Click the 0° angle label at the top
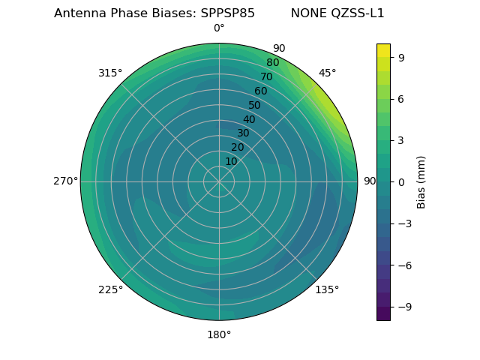point(219,28)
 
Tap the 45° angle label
point(328,73)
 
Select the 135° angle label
point(327,289)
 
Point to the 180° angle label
point(219,334)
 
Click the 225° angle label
point(110,289)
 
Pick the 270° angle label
point(65,181)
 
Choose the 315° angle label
point(110,73)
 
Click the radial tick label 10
point(231,161)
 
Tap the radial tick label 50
point(255,105)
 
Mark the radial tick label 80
point(273,63)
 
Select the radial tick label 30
point(243,133)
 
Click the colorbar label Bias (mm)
point(421,181)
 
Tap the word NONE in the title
point(304,13)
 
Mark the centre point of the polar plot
point(219,181)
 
